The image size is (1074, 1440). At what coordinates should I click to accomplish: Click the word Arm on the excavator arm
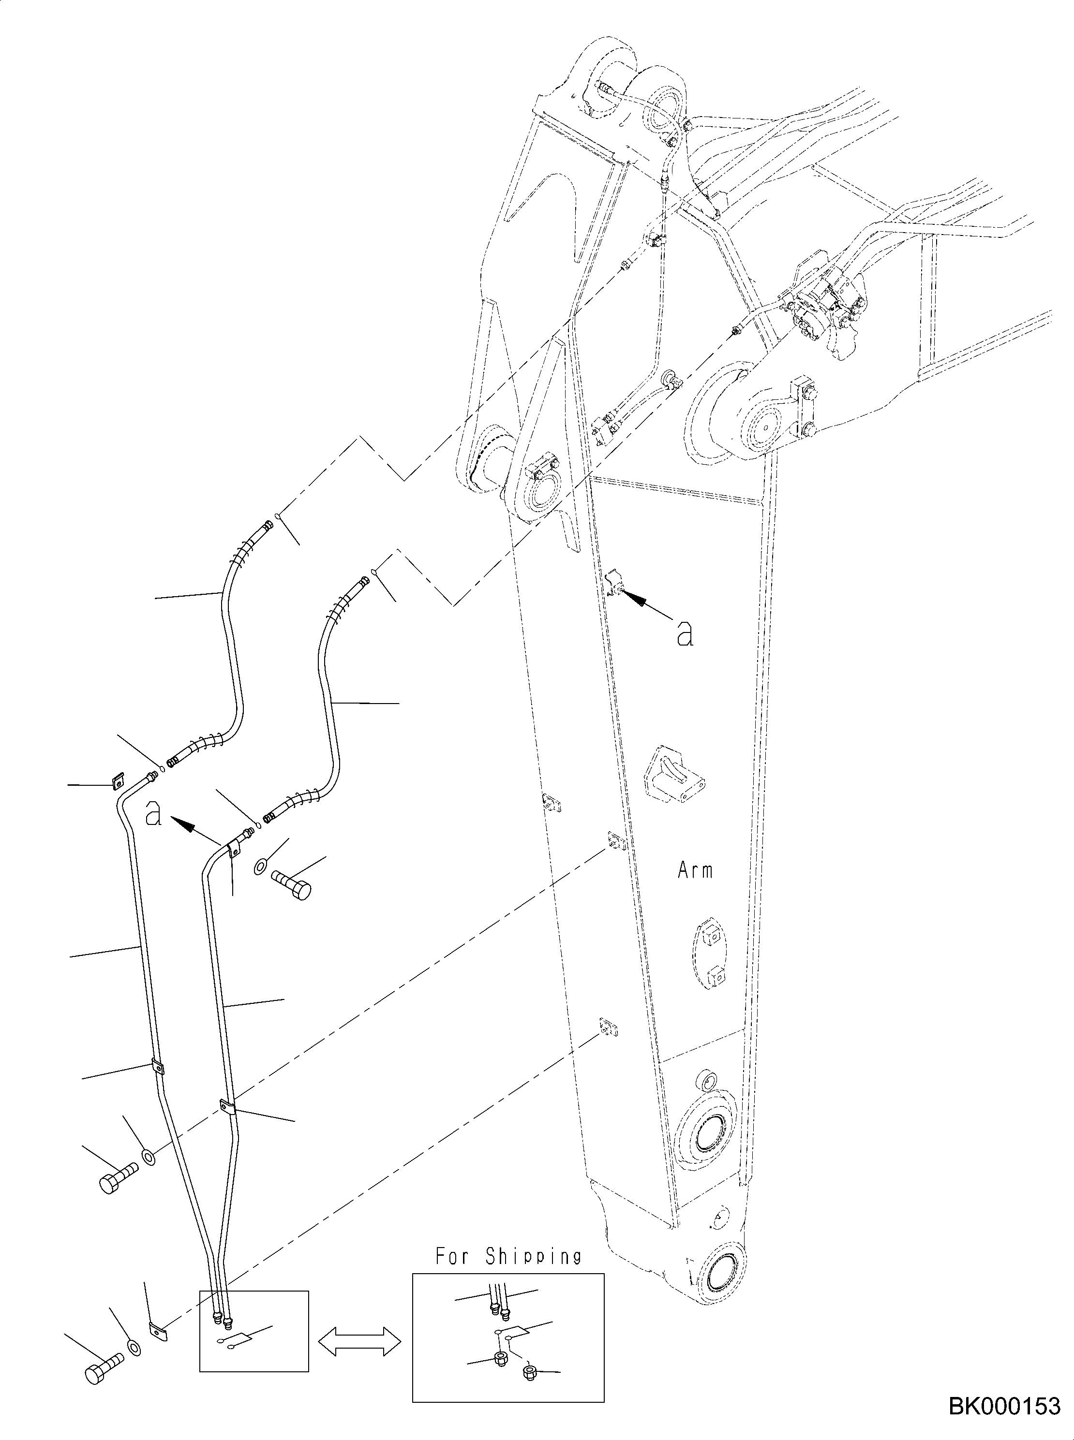695,870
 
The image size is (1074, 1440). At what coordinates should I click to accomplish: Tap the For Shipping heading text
508,1256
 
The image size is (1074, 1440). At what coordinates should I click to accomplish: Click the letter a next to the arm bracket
685,632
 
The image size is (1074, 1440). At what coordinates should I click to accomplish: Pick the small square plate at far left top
118,781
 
